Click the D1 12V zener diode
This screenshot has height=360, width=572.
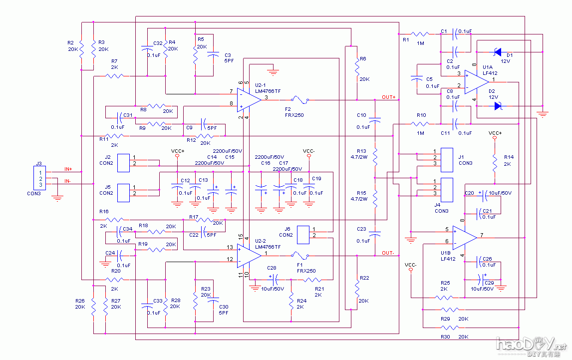click(x=497, y=51)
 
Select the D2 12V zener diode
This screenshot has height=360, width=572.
click(x=497, y=106)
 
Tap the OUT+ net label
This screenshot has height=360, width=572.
click(x=388, y=97)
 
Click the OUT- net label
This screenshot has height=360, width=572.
click(x=388, y=253)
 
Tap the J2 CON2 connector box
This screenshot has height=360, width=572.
click(x=123, y=163)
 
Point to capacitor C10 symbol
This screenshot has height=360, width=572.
click(x=375, y=120)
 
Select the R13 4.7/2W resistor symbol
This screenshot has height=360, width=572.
click(x=375, y=157)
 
